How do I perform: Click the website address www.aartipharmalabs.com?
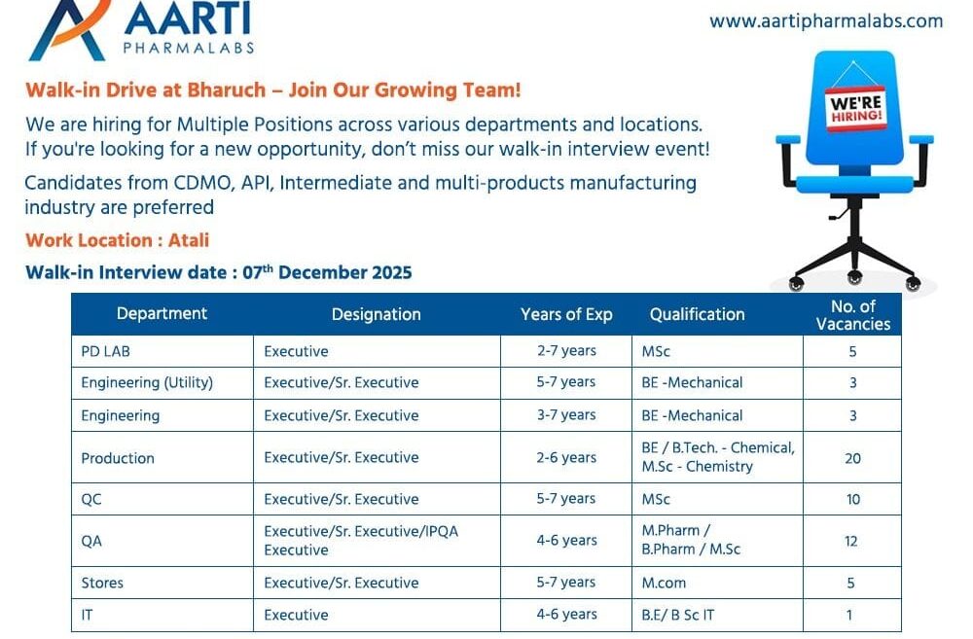tap(826, 20)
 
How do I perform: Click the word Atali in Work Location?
tap(190, 240)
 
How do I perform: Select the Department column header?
tap(162, 313)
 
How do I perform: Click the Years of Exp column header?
tap(566, 314)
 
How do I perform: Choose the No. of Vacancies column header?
tap(852, 315)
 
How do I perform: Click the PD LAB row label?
tap(105, 351)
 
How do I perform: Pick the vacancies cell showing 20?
tap(852, 458)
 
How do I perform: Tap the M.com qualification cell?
tap(664, 583)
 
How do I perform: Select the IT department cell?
tap(89, 615)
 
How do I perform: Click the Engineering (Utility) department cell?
tap(147, 382)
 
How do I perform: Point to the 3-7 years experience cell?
tap(566, 415)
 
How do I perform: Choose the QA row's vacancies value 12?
tap(851, 541)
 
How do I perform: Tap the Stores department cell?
tap(102, 583)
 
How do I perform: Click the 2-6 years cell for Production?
tap(566, 458)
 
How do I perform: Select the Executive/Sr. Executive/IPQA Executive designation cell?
tap(360, 541)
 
